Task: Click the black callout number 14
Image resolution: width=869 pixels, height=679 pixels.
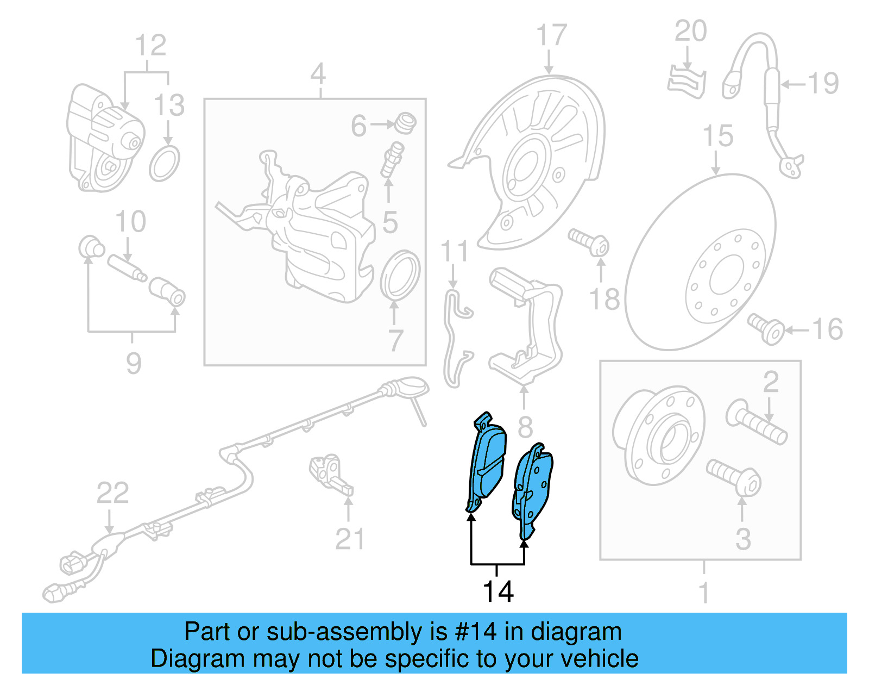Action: (x=498, y=592)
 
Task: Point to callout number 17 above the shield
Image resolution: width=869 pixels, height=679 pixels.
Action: (x=551, y=36)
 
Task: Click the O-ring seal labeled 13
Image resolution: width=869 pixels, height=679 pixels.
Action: (x=165, y=164)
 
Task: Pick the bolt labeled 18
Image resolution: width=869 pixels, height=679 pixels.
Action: (x=589, y=242)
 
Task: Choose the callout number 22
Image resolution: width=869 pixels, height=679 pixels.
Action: (x=112, y=493)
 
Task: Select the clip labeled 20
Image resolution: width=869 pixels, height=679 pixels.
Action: (x=687, y=82)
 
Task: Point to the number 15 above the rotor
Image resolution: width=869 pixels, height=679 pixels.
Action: (x=717, y=136)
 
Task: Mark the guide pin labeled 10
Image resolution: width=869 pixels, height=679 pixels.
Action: (x=127, y=268)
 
